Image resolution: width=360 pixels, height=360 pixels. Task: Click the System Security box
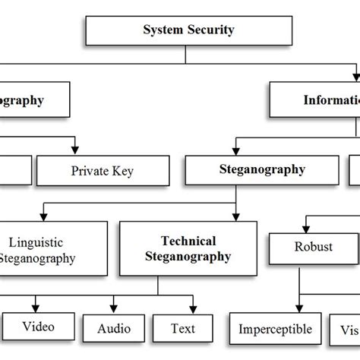pos(189,30)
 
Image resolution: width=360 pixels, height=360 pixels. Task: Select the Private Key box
pos(102,171)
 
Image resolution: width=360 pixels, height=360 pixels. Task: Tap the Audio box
pos(115,329)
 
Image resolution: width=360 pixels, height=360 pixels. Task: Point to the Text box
pos(183,329)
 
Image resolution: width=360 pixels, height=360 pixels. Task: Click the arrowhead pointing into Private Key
pos(74,149)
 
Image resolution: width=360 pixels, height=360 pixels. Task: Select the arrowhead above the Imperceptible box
pos(265,308)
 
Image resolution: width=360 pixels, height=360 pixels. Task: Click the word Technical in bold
pos(188,241)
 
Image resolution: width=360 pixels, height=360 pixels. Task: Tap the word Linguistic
pos(36,242)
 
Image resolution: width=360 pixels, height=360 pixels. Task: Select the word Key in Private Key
pos(122,171)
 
